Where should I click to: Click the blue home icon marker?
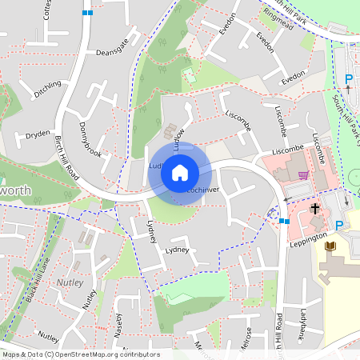point(180,172)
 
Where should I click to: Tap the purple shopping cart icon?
point(302,175)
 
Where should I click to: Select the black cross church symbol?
point(315,209)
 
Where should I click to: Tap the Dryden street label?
point(38,134)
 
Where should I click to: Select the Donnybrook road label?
point(90,139)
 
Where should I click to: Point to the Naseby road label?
point(119,325)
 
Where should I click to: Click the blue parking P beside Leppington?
point(339,226)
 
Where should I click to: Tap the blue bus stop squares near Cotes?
point(87,13)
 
